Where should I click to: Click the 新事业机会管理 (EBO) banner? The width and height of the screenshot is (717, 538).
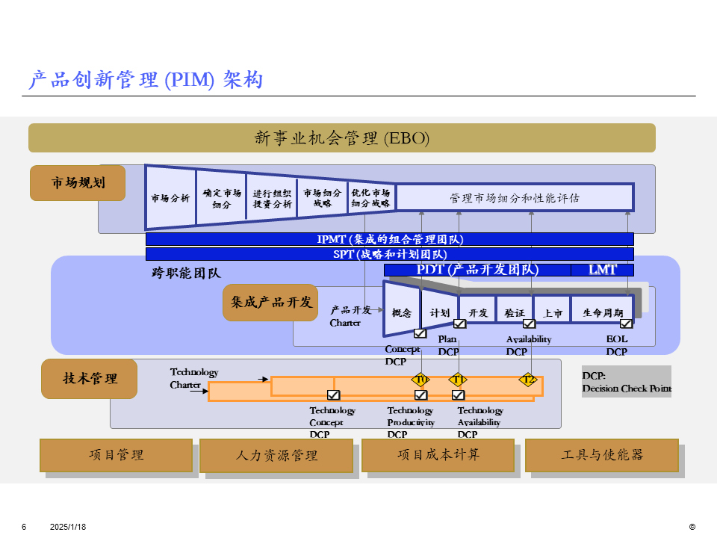(x=341, y=138)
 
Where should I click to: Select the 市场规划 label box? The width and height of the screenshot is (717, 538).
(x=78, y=183)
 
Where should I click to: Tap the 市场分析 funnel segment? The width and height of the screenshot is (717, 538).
(x=170, y=198)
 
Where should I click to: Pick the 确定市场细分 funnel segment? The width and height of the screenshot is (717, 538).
(x=221, y=198)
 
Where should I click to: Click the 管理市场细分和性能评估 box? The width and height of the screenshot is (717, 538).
(x=515, y=198)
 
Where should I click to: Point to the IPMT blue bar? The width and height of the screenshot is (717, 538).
(x=389, y=239)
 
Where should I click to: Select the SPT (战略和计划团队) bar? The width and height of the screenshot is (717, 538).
(x=389, y=254)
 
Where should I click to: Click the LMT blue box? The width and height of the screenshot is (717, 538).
(x=602, y=270)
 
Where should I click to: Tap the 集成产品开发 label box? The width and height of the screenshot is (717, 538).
(x=270, y=303)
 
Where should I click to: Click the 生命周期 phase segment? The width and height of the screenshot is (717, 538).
(x=602, y=312)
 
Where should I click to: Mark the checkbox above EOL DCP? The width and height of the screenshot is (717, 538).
(x=626, y=324)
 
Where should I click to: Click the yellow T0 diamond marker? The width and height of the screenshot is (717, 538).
(x=421, y=380)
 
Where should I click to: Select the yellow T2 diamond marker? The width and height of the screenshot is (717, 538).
(x=529, y=380)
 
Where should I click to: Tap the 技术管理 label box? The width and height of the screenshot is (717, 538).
(x=90, y=379)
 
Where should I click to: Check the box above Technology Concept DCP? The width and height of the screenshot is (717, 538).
(x=333, y=395)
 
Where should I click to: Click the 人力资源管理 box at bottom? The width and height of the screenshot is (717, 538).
(x=276, y=455)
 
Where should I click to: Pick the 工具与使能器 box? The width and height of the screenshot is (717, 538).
(x=601, y=454)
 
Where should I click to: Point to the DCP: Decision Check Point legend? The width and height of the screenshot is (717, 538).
(x=627, y=382)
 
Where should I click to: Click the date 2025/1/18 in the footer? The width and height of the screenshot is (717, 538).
(x=68, y=527)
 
